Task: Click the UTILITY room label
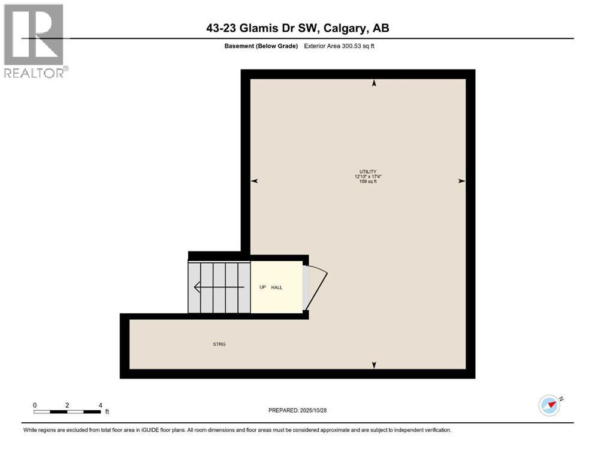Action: point(367,172)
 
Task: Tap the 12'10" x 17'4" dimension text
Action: point(368,177)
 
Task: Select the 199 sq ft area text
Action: point(368,181)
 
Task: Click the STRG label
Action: point(219,344)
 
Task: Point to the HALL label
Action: point(277,287)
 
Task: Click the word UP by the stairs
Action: point(262,287)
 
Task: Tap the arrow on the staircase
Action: point(219,287)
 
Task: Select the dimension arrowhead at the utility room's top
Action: point(374,84)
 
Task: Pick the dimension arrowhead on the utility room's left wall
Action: point(254,181)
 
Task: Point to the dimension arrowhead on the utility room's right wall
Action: point(461,181)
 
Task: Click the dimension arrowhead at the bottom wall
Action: point(374,365)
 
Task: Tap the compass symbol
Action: point(549,405)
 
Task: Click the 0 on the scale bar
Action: point(35,405)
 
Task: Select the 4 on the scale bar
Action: point(100,405)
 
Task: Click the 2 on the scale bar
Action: point(67,405)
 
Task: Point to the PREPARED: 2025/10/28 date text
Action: point(298,410)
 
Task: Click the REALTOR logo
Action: point(34,41)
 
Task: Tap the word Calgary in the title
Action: point(349,28)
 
